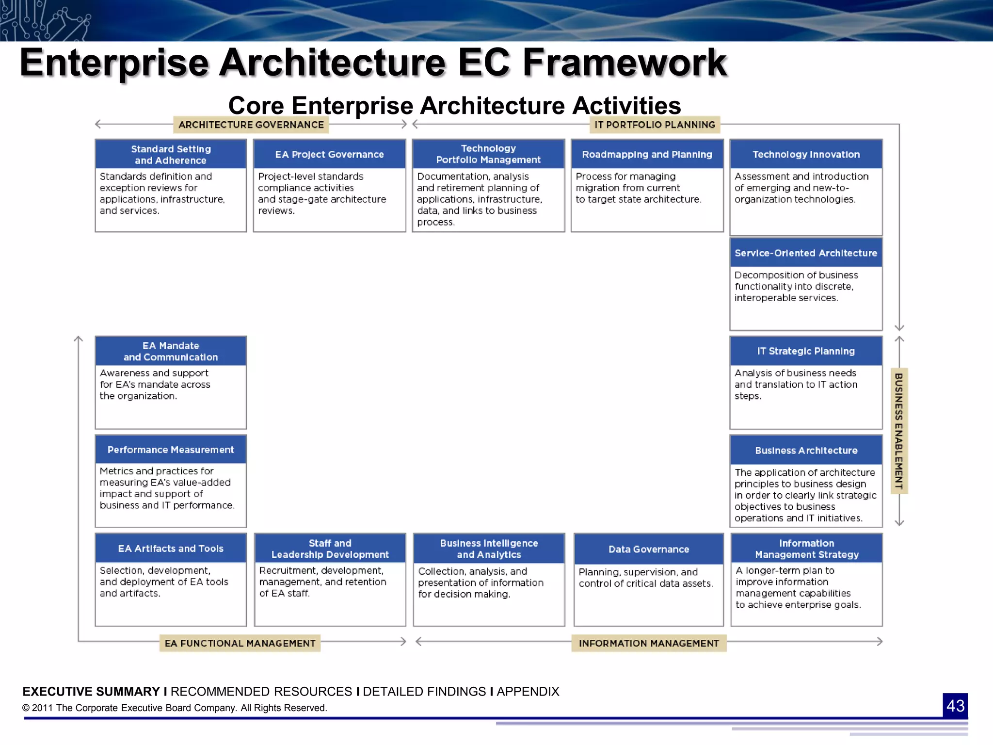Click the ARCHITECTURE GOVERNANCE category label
(251, 125)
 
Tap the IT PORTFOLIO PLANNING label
(655, 125)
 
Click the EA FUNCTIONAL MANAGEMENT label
(240, 643)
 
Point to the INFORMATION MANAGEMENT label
(649, 643)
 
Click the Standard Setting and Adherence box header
(171, 154)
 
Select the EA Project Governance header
(329, 154)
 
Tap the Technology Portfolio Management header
(488, 154)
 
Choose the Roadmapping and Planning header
(647, 154)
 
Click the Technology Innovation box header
(806, 154)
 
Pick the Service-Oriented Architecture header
(806, 253)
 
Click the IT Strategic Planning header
(806, 351)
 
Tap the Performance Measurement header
(171, 450)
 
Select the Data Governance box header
(649, 549)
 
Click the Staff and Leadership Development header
(330, 549)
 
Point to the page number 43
(955, 706)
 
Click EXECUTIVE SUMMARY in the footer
(91, 691)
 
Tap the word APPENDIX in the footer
(528, 691)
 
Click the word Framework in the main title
(625, 63)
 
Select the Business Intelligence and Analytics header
(489, 549)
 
